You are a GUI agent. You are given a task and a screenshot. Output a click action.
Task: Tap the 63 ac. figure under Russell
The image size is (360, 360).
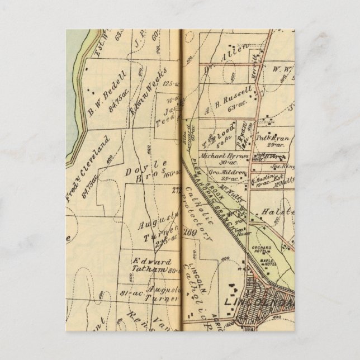tap(241, 105)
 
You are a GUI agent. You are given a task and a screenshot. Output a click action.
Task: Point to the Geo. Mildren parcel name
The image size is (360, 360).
tap(227, 173)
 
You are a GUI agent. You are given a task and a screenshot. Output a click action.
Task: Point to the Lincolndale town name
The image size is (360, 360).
tap(263, 302)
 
